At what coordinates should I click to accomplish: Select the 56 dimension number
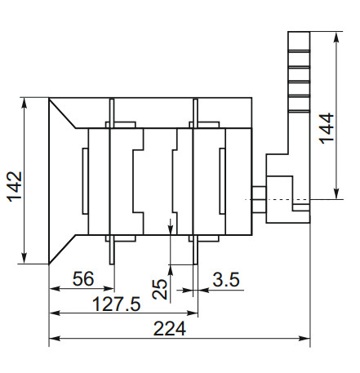(x=82, y=279)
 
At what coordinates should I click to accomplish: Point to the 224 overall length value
(x=170, y=330)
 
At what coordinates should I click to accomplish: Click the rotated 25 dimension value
(x=160, y=289)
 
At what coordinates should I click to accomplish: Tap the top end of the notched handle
(x=300, y=36)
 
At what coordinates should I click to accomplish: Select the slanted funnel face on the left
(x=64, y=181)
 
